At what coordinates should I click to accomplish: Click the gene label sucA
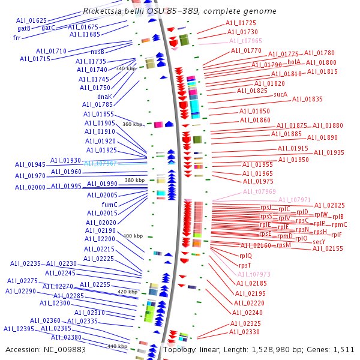[280, 94]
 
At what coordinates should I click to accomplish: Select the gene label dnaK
[104, 96]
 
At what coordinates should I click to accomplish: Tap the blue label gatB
[24, 28]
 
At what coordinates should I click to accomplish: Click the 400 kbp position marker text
[133, 236]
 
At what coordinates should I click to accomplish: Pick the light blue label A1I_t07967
[100, 163]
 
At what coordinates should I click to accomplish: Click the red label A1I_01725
[241, 23]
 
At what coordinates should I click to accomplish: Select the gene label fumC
[109, 205]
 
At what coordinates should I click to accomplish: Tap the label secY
[319, 242]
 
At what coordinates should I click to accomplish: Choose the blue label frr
[17, 38]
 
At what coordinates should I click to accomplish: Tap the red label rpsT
[245, 265]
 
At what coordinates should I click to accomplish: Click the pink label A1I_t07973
[254, 274]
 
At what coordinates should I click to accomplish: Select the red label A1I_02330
[245, 332]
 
